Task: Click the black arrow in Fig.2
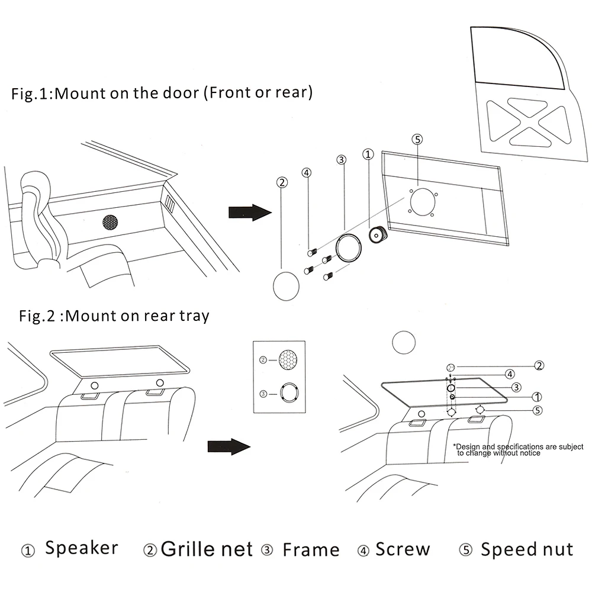pos(229,446)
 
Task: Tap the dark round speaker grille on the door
pos(110,222)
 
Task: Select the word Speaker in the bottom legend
pos(82,548)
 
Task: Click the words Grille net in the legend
pos(207,549)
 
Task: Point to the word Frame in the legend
pos(311,550)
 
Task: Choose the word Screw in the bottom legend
pos(403,549)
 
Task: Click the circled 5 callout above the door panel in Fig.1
pos(417,140)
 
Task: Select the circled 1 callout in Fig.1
pos(368,155)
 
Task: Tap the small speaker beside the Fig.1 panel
pos(377,236)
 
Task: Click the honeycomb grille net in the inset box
pos(288,359)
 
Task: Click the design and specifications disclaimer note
pos(518,449)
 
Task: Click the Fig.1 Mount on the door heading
pos(162,94)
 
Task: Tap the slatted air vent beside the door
pos(169,204)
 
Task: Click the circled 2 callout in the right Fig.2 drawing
pos(539,365)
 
